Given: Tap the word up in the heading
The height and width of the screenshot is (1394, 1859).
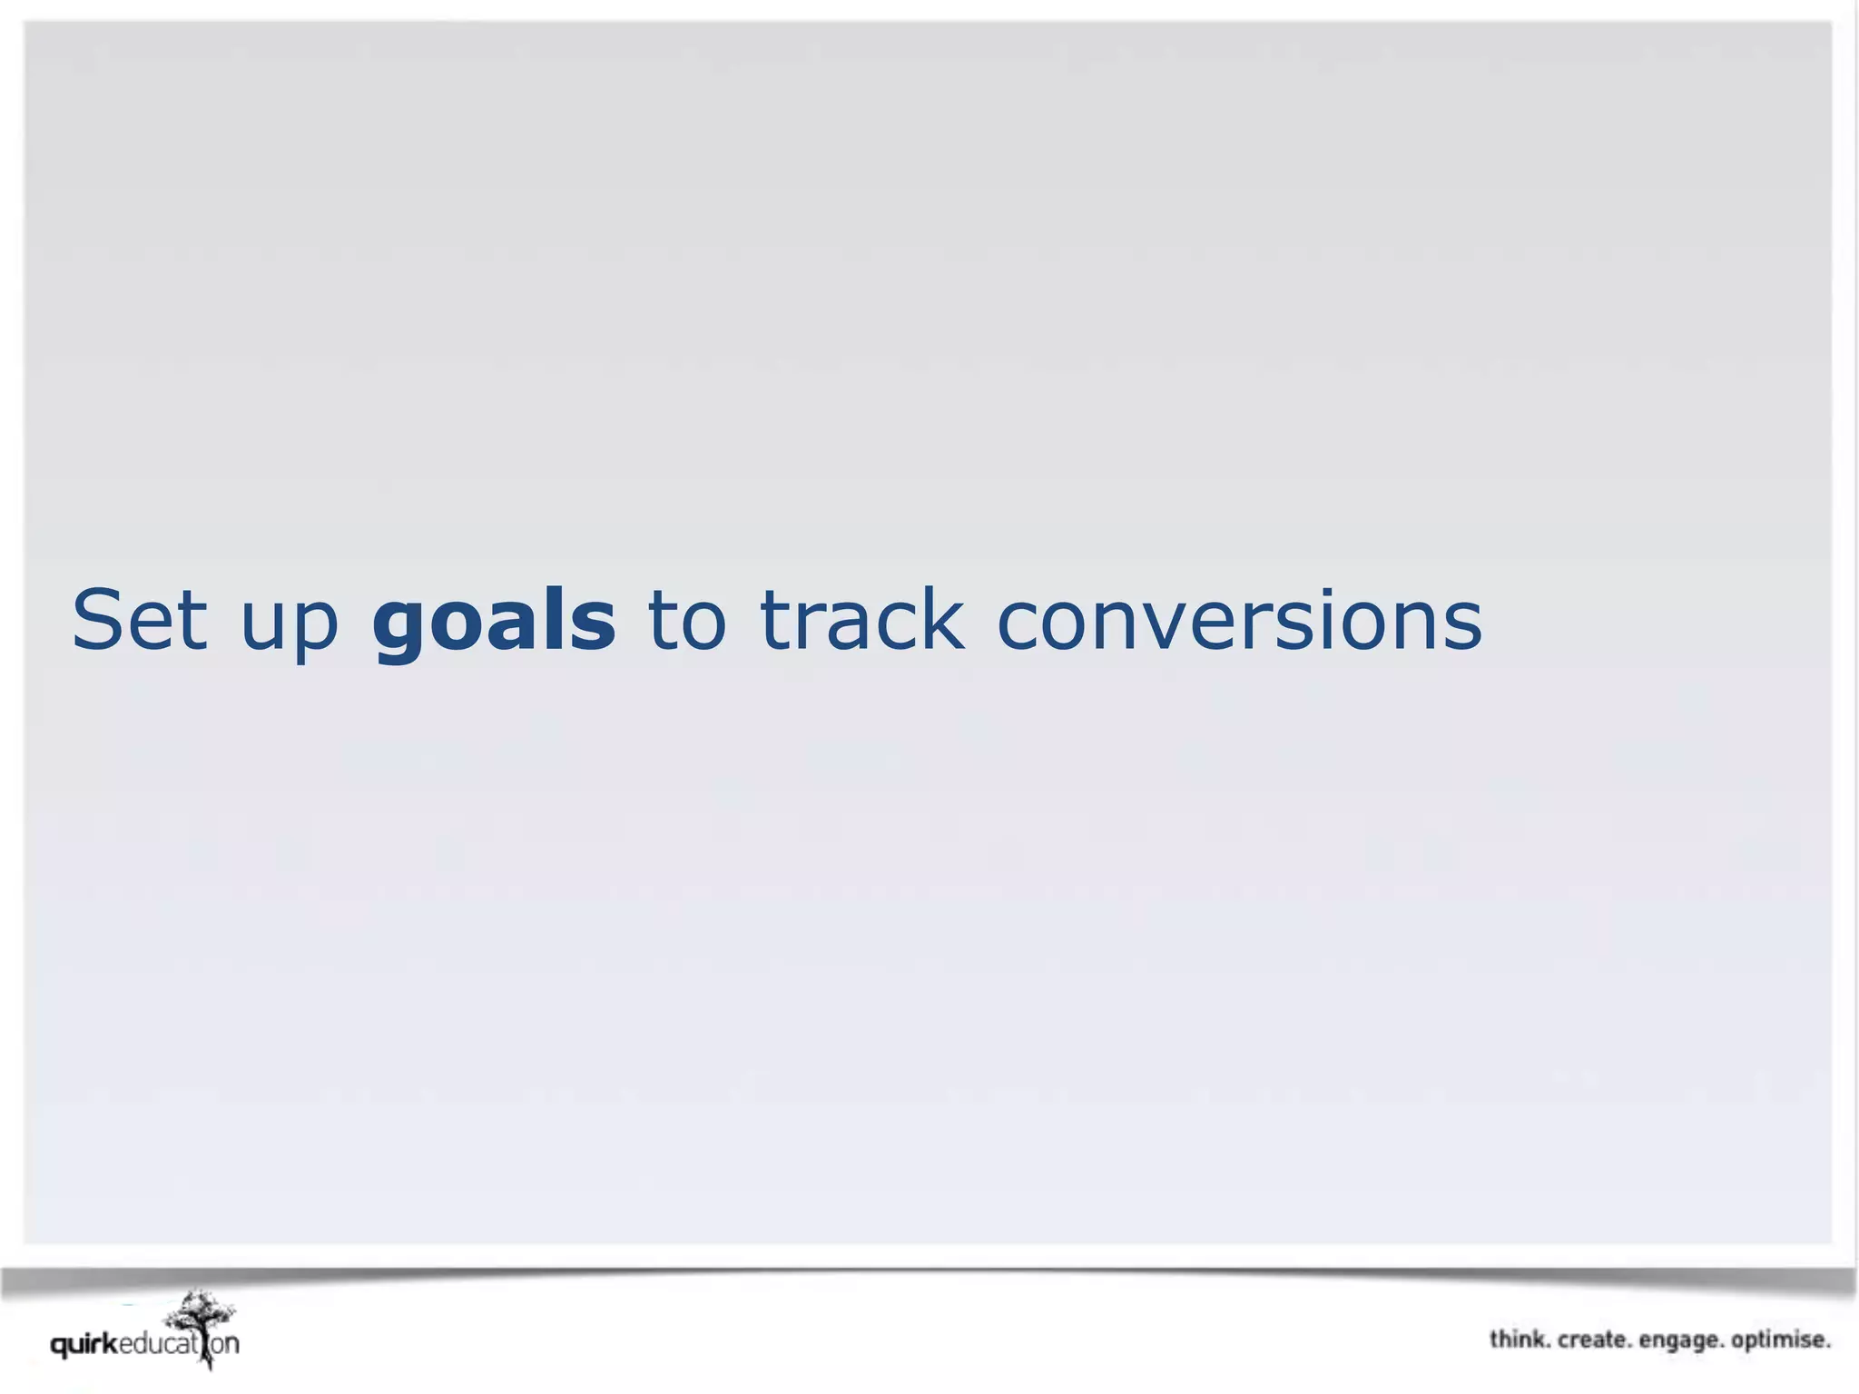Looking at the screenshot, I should (x=289, y=626).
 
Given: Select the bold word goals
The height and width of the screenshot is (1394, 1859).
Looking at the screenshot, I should (x=494, y=622).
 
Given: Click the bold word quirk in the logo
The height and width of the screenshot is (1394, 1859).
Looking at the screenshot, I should (x=84, y=1344).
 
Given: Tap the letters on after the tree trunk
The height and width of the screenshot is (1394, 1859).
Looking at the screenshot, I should (x=225, y=1344).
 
